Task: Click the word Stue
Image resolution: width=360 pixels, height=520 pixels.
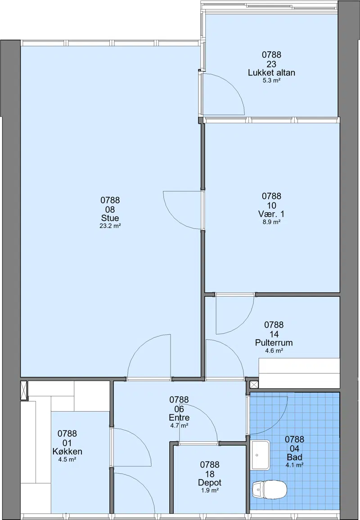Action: click(110, 218)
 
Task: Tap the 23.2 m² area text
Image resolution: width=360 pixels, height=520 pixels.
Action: click(110, 226)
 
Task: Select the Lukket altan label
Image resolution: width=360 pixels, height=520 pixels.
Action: click(271, 72)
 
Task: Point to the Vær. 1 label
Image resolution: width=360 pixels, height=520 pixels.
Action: click(271, 214)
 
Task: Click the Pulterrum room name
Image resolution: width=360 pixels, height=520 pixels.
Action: click(274, 343)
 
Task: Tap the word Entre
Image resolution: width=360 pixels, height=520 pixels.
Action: click(179, 417)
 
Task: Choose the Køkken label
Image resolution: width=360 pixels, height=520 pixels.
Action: click(67, 451)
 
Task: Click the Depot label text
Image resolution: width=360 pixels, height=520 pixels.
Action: click(210, 483)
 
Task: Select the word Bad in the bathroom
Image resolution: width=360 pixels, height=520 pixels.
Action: click(294, 457)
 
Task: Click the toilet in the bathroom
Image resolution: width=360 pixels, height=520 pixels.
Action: click(269, 489)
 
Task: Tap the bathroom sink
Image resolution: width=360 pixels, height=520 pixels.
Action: click(260, 455)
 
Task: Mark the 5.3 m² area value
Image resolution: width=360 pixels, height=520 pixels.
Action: click(271, 80)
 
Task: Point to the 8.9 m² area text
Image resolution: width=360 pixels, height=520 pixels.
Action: click(271, 222)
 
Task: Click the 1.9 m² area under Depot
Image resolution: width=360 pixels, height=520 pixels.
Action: click(210, 490)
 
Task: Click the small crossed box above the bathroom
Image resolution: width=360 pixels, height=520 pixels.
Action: click(254, 385)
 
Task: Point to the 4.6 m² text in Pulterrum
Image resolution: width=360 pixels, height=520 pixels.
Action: click(274, 350)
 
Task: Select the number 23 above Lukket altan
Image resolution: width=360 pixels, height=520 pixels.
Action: click(271, 64)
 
